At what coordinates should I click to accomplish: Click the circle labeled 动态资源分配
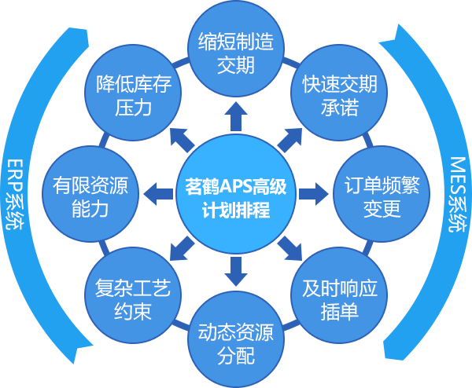[x=235, y=342]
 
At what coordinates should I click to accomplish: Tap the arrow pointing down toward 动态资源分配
[x=234, y=270]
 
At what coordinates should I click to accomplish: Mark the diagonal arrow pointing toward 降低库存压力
[x=183, y=141]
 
